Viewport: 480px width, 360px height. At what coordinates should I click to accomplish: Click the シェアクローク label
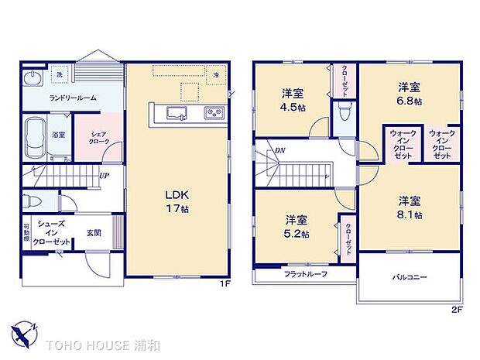click(x=99, y=137)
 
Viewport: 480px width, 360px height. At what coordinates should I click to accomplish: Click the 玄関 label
click(x=94, y=233)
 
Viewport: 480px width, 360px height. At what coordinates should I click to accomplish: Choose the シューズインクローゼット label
click(x=52, y=233)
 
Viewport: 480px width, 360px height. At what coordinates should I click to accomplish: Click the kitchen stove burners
click(x=213, y=115)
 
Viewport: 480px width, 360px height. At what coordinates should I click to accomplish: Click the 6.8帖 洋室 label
click(x=409, y=93)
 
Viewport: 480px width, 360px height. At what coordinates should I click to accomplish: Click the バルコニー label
click(x=409, y=277)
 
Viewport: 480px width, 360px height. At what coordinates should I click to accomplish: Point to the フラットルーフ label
click(x=304, y=274)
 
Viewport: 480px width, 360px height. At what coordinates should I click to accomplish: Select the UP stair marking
click(x=103, y=174)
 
